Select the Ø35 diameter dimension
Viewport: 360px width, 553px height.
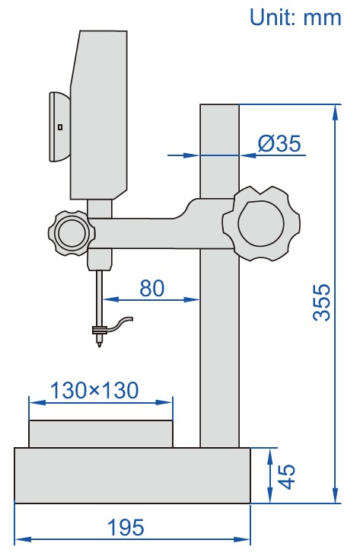(279, 142)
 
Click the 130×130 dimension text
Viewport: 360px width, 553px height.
(94, 390)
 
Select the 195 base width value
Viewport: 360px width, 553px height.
(125, 527)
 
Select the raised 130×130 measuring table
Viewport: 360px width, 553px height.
(100, 434)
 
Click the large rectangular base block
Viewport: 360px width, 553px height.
(132, 475)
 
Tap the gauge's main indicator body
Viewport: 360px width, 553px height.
(99, 114)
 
